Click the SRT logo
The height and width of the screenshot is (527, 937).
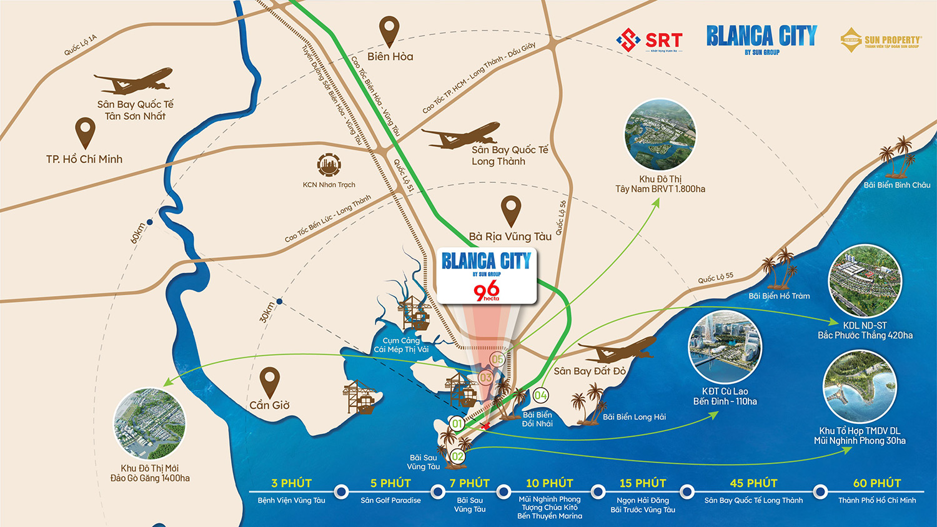pyautogui.click(x=649, y=41)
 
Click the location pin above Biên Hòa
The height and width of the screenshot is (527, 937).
pyautogui.click(x=389, y=31)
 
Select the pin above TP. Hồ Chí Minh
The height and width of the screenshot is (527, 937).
pyautogui.click(x=85, y=132)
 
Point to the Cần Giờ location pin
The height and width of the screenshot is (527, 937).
pyautogui.click(x=270, y=382)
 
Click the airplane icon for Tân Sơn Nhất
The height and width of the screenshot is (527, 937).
pyautogui.click(x=133, y=82)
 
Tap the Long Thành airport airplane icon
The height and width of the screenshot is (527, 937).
pyautogui.click(x=461, y=136)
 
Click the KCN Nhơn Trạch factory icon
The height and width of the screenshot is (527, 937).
pyautogui.click(x=329, y=166)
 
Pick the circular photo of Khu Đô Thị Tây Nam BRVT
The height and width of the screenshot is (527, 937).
pyautogui.click(x=660, y=134)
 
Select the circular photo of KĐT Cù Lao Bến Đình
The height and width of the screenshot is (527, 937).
pyautogui.click(x=725, y=348)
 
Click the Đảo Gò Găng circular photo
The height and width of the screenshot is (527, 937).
pyautogui.click(x=150, y=424)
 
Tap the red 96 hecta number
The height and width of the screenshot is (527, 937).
pyautogui.click(x=486, y=290)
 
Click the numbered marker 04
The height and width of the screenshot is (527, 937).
pyautogui.click(x=541, y=395)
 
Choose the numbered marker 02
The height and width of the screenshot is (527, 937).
pyautogui.click(x=458, y=456)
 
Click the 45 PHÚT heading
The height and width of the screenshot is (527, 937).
pyautogui.click(x=753, y=483)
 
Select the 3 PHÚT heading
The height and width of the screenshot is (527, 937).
pyautogui.click(x=291, y=483)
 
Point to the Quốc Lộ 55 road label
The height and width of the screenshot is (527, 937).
pyautogui.click(x=716, y=278)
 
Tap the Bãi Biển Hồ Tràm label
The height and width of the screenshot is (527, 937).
pyautogui.click(x=779, y=296)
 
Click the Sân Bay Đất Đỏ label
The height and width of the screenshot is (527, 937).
pyautogui.click(x=589, y=371)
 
